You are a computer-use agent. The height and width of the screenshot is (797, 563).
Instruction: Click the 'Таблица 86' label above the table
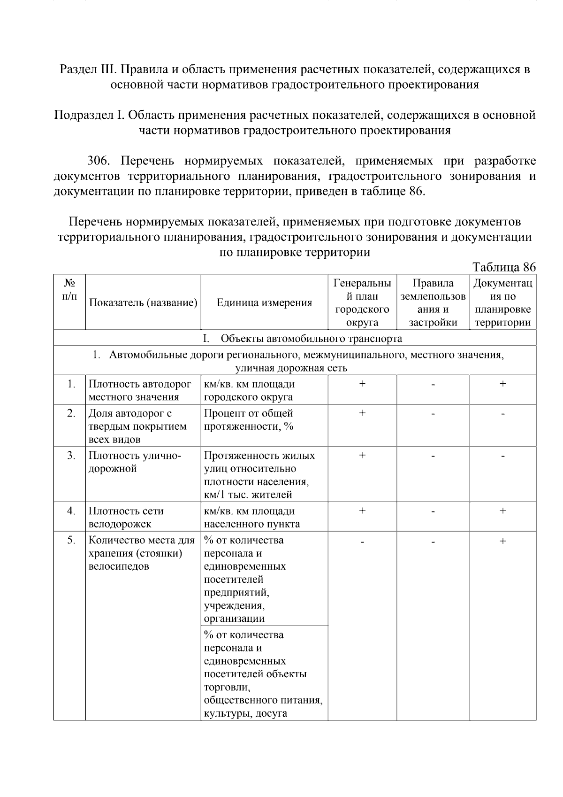(x=503, y=267)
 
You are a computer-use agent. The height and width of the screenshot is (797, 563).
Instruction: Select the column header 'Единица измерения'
(x=264, y=303)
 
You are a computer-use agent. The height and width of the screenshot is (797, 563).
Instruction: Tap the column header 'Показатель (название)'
(x=143, y=303)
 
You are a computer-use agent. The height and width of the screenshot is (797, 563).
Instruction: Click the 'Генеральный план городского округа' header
(x=362, y=302)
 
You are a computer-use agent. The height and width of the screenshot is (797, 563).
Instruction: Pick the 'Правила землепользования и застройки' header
(x=433, y=302)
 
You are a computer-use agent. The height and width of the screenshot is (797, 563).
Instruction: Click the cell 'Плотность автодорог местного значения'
(x=140, y=390)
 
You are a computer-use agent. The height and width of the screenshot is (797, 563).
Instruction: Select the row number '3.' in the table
(x=71, y=456)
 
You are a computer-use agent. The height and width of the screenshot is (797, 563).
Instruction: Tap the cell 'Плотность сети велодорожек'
(x=126, y=517)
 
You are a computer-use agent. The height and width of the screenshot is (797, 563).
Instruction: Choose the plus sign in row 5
(x=502, y=541)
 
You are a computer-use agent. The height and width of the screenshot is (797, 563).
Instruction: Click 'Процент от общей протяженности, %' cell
(x=249, y=419)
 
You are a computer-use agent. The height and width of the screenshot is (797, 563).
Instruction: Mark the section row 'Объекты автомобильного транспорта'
(x=311, y=338)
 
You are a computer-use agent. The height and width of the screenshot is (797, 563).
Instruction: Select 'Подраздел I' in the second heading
(x=89, y=115)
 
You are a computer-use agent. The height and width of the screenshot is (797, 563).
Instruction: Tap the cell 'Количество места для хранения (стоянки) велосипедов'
(x=142, y=553)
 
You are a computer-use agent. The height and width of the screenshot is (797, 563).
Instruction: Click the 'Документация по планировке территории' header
(x=502, y=302)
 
